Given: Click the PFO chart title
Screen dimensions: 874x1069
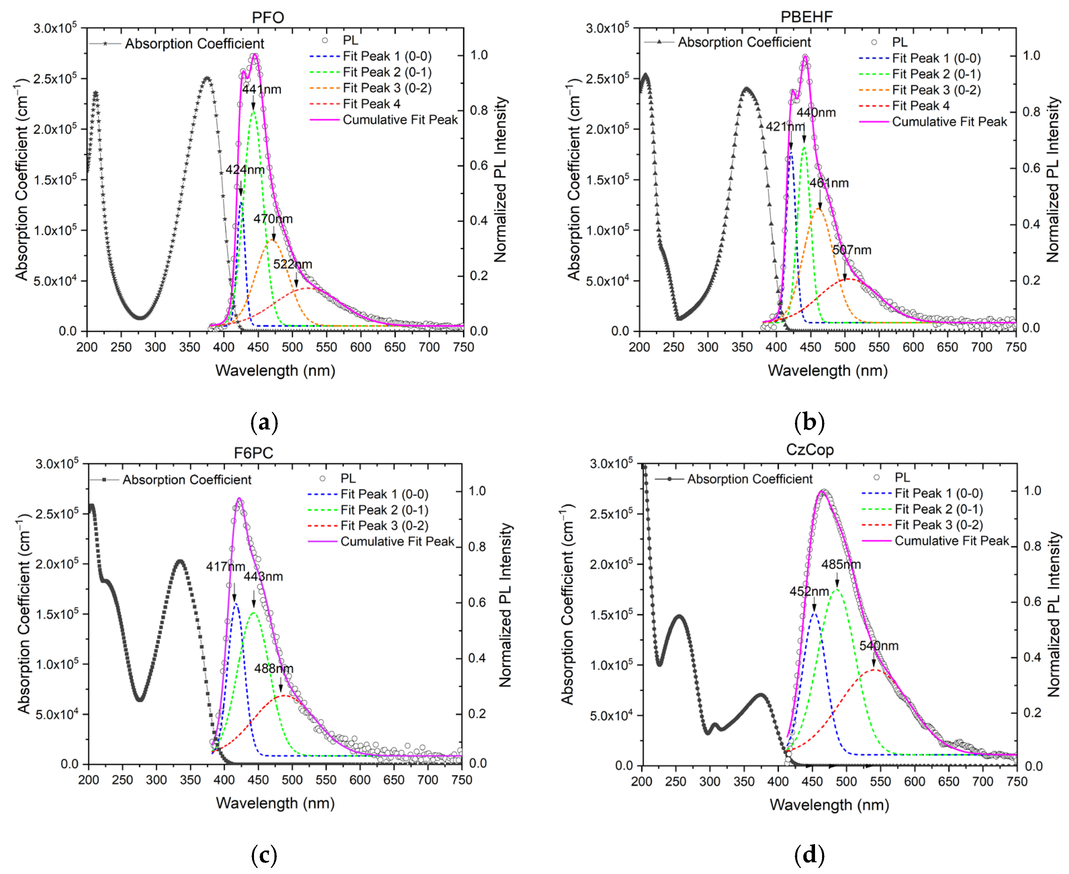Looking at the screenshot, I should click(268, 17).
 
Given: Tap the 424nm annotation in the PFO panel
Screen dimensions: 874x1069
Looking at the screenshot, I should click(245, 170).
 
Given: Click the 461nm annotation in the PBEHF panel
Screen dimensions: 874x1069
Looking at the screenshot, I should click(828, 183).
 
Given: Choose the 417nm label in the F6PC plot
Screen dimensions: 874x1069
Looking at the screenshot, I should click(225, 567).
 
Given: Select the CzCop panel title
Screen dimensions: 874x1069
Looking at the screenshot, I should click(809, 450).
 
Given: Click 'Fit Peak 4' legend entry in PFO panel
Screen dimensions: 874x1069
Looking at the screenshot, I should click(372, 104).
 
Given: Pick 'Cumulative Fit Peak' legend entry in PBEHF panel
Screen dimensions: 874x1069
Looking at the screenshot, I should click(949, 122).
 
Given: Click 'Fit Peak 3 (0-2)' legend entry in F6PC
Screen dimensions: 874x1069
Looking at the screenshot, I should click(384, 526).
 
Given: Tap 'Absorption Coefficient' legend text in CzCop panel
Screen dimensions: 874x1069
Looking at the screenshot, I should click(750, 479).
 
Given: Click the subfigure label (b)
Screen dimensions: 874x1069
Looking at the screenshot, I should click(809, 422).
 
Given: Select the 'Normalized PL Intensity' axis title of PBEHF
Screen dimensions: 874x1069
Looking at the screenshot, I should click(1053, 180).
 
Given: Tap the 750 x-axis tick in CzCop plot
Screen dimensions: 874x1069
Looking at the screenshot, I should click(1017, 781).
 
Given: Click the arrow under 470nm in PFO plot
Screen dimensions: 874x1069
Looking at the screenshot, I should click(274, 235).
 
